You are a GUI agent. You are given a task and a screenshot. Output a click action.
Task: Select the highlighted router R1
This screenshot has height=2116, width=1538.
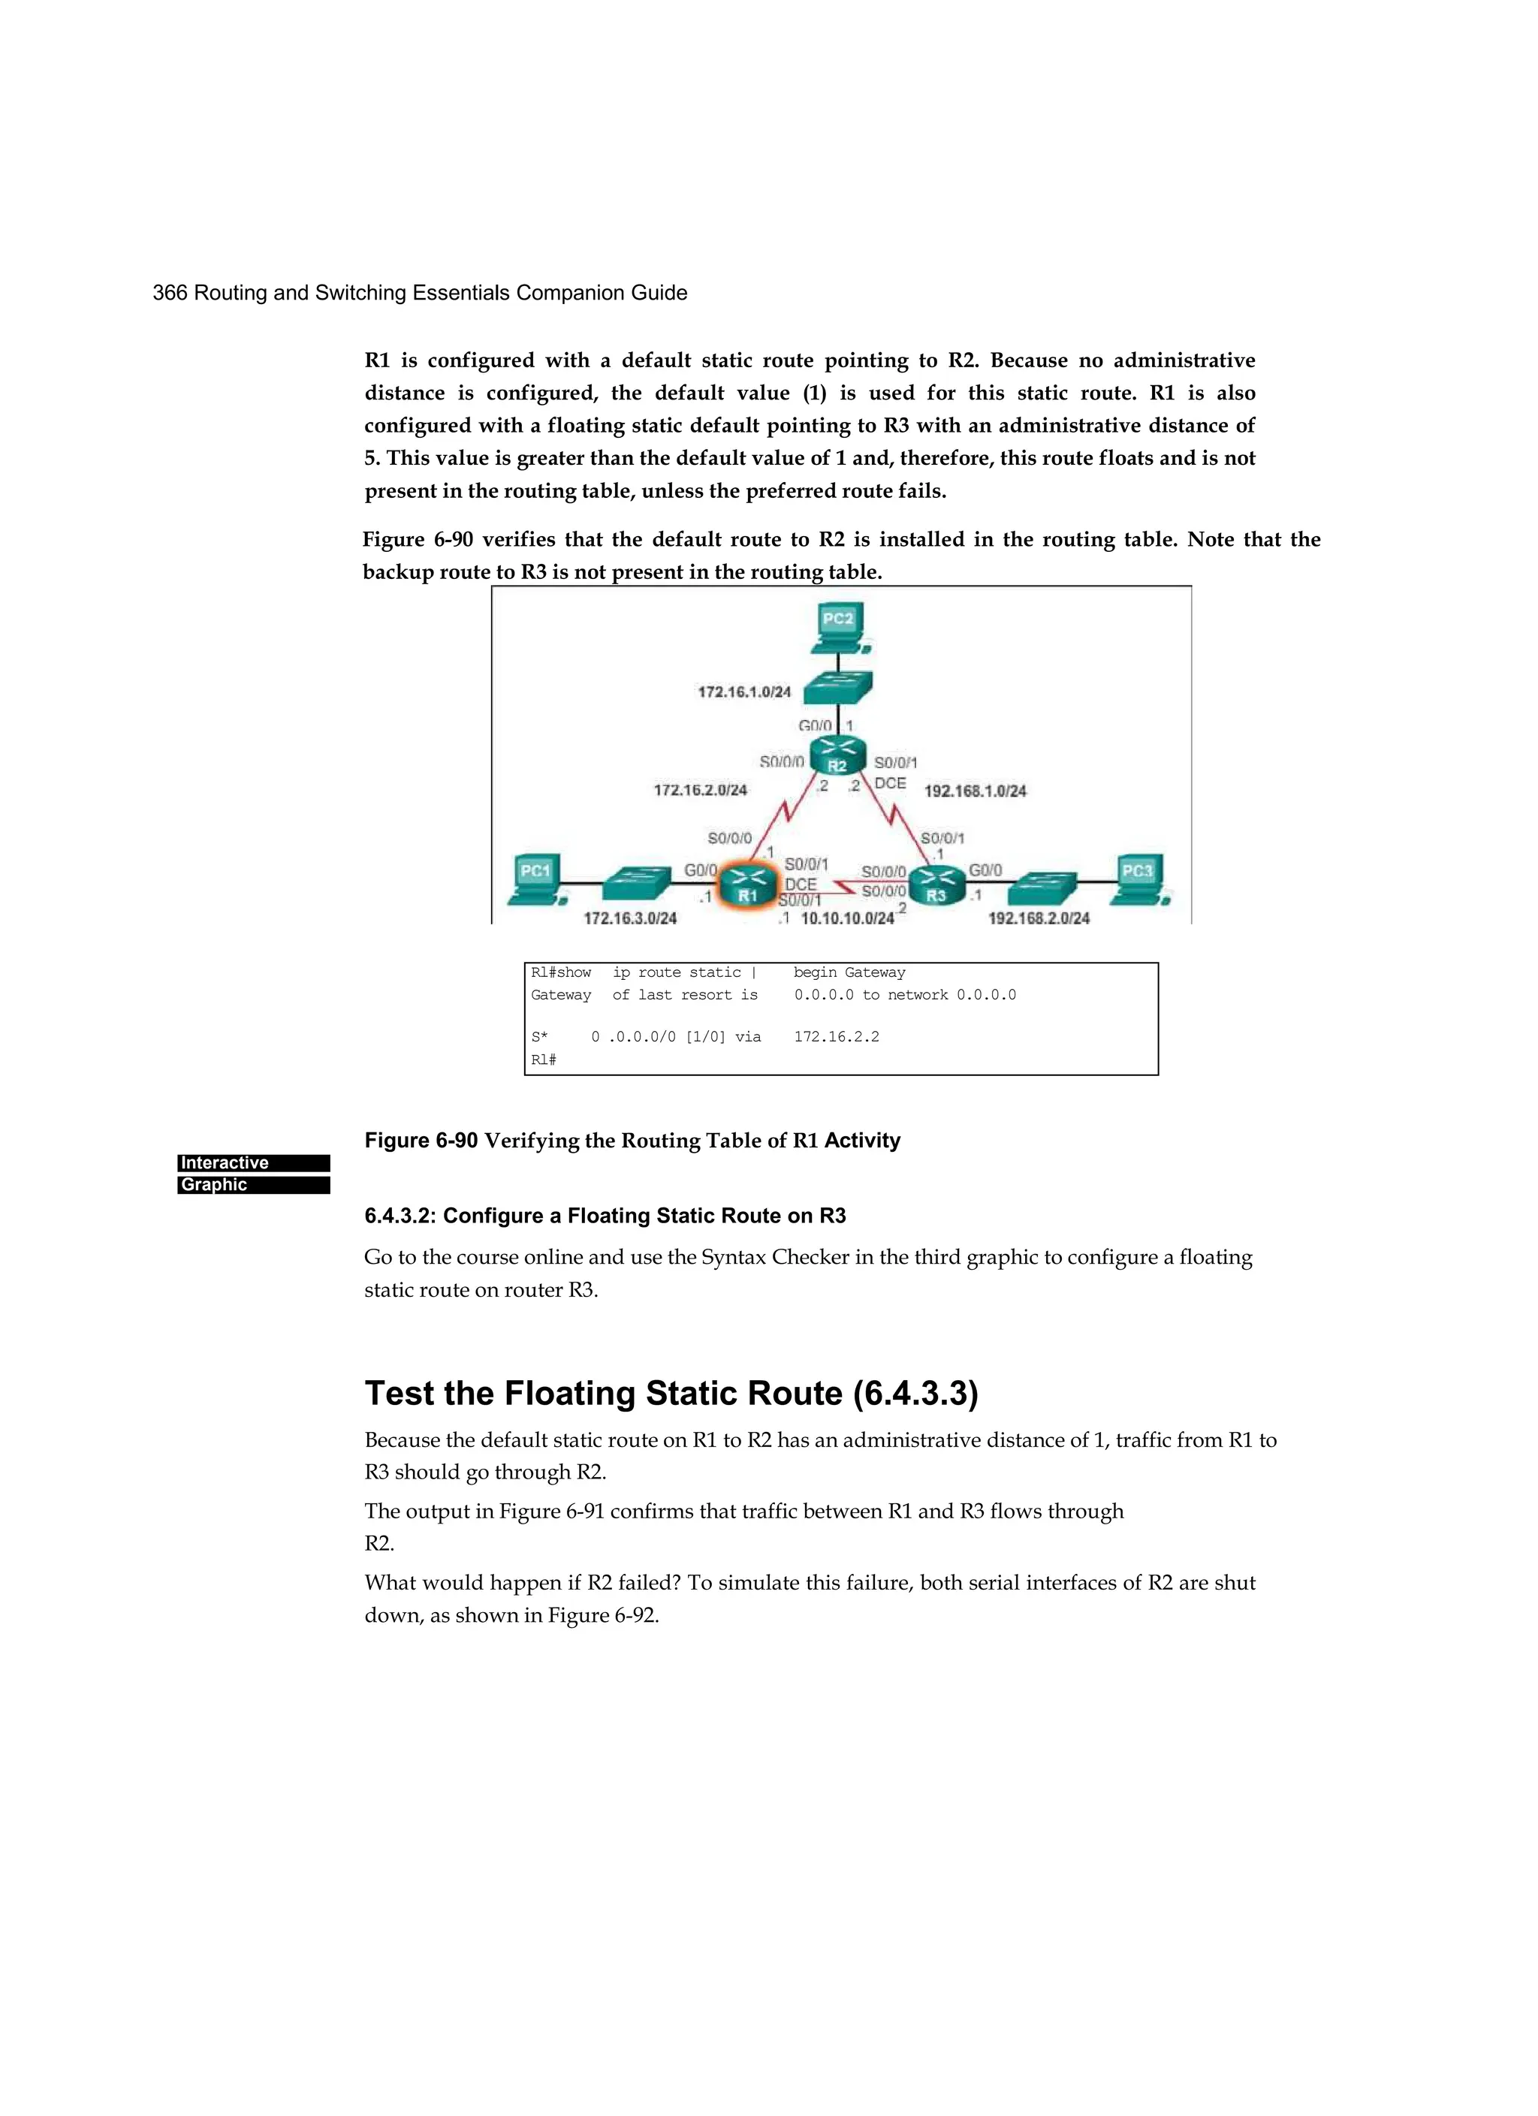747,885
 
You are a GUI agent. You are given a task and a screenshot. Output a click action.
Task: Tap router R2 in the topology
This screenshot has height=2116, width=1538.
838,757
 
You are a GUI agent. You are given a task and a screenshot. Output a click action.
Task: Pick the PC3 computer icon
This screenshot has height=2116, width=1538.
1138,879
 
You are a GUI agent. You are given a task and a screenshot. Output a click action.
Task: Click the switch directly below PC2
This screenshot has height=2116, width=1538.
837,688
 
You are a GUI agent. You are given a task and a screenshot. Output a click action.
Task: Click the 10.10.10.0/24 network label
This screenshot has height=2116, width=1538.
846,918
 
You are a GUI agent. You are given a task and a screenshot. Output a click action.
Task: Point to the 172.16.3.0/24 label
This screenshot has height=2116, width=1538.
630,918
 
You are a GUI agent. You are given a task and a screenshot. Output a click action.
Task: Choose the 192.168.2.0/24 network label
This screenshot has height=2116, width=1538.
1038,918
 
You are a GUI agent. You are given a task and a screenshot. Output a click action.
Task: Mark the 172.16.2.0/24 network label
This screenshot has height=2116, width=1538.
700,790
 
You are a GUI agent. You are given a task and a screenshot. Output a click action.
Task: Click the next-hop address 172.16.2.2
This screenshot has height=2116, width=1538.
836,1036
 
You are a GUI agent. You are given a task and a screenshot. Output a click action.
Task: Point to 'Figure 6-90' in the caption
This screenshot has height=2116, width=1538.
421,1140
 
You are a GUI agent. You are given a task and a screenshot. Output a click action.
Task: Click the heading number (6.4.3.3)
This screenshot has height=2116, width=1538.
915,1394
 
